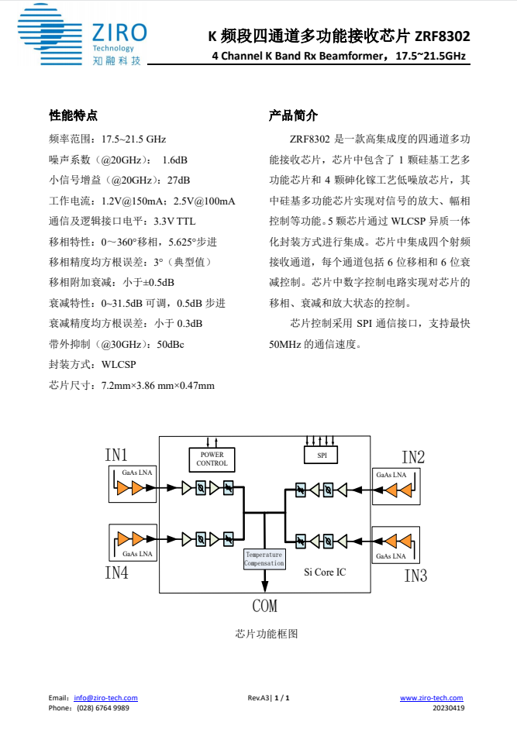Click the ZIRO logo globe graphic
coord(50,34)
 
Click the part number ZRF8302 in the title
coord(442,36)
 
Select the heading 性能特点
coord(73,115)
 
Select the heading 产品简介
coord(293,115)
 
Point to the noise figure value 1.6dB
coord(174,160)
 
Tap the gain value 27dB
coord(179,181)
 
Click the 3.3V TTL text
coord(174,222)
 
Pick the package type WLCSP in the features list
coord(119,364)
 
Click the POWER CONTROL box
coord(212,459)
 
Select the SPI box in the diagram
coord(322,456)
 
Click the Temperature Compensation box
coord(264,559)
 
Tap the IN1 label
coord(116,455)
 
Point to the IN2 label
coord(413,457)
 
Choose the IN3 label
coord(415,576)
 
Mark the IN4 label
coord(116,573)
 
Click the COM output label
coord(265,606)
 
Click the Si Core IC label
coord(325,573)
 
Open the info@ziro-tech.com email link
coord(105,698)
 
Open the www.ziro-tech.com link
coord(432,698)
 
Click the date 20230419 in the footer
coord(448,708)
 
